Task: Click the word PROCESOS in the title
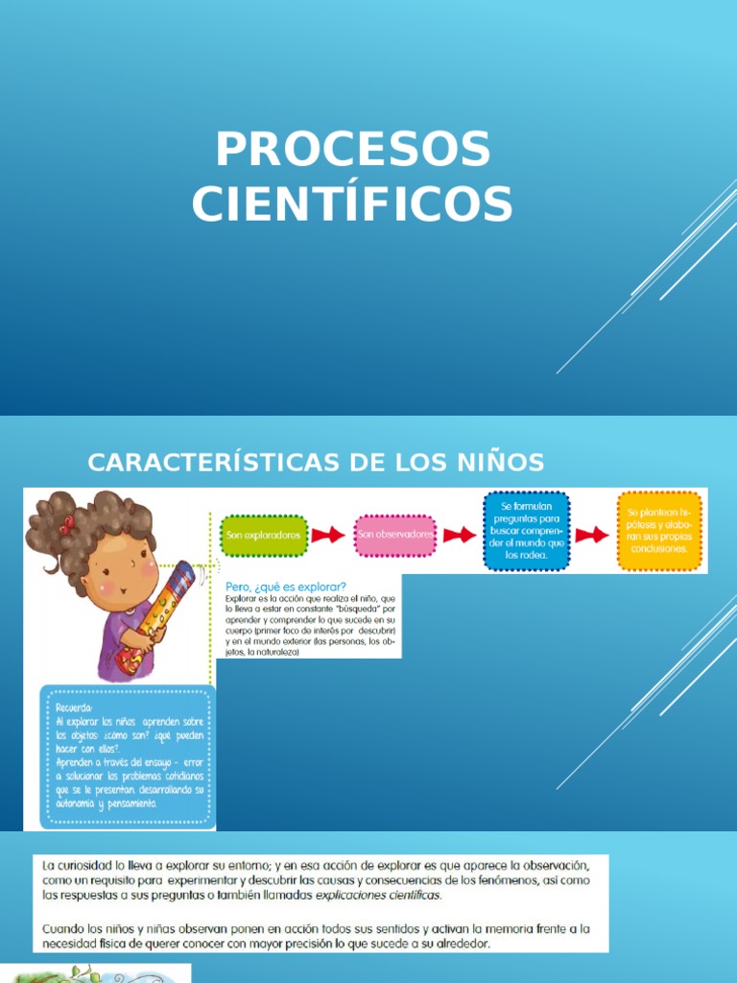(353, 150)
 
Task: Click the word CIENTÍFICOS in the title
(353, 203)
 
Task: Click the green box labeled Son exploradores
(263, 535)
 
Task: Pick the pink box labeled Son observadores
(394, 535)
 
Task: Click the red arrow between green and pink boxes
(328, 535)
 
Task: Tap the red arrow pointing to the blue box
(460, 535)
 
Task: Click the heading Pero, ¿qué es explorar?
(286, 587)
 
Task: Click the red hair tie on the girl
(66, 524)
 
